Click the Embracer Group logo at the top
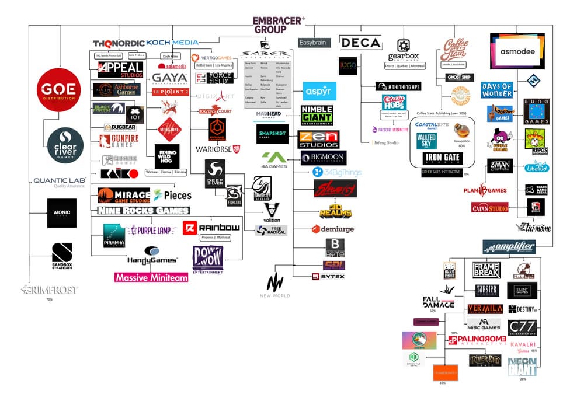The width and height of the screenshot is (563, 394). (x=278, y=23)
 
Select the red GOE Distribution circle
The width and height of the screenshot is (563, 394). (x=58, y=91)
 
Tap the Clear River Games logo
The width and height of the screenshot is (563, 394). (x=65, y=145)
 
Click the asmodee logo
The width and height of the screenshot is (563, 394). (x=516, y=50)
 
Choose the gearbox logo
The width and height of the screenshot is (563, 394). (x=403, y=50)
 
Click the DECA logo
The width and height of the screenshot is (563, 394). (x=360, y=43)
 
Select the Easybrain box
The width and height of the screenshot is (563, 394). (x=314, y=43)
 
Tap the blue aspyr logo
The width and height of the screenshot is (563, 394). (x=319, y=91)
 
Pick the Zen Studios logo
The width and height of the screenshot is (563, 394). (x=319, y=139)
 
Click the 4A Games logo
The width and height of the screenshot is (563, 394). (x=273, y=159)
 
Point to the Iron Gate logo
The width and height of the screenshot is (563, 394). (x=442, y=158)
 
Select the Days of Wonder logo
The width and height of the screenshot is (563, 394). (x=497, y=90)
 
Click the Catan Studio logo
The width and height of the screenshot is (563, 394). (x=489, y=207)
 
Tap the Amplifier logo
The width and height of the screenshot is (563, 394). (x=509, y=247)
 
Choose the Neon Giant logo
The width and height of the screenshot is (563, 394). (x=522, y=367)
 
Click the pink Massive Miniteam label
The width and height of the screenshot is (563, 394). (x=151, y=278)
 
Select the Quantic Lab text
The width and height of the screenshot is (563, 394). (x=60, y=182)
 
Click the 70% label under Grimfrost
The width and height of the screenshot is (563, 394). (x=49, y=299)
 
